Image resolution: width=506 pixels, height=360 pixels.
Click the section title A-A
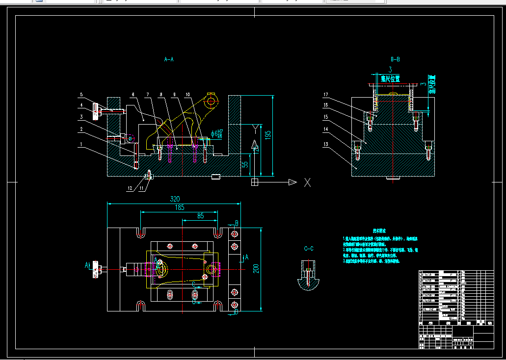point(169,59)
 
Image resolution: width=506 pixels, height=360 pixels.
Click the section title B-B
point(395,59)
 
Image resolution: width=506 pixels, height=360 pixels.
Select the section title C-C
point(309,249)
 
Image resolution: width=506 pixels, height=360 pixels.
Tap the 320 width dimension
point(174,199)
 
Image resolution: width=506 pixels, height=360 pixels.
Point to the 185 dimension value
point(180,207)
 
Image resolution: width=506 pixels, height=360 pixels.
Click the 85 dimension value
point(200,215)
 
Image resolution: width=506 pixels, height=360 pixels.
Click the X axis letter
point(308,182)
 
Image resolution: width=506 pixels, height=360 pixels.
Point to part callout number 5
point(81,95)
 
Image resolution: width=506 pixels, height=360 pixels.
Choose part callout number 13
point(325,145)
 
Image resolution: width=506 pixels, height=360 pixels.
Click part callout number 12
point(130,188)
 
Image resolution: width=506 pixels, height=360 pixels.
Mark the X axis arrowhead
point(293,182)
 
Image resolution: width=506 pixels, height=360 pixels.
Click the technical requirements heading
point(379,230)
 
